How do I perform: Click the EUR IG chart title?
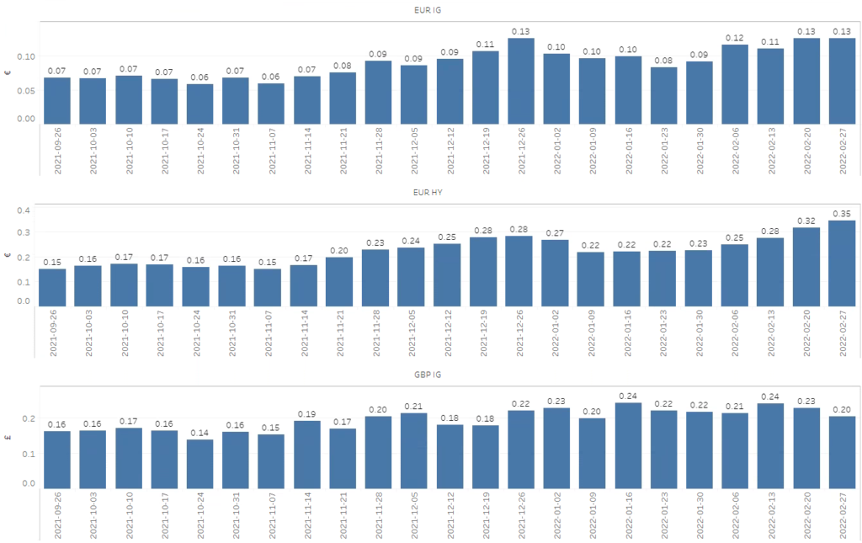(427, 10)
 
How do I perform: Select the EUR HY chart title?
(427, 192)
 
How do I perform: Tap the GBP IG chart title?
(427, 375)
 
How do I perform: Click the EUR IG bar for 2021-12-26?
(520, 81)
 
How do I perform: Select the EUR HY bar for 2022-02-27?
(842, 264)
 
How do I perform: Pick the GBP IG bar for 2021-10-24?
(200, 464)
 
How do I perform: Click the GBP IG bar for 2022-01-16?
(628, 445)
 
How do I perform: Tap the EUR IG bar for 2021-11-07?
(271, 104)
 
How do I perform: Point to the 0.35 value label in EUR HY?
(842, 213)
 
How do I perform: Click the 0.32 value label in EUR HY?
(806, 221)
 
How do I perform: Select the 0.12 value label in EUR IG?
(734, 38)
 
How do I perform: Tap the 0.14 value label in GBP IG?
(200, 433)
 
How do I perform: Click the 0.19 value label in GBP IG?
(306, 414)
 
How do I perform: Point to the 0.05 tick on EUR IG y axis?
(26, 91)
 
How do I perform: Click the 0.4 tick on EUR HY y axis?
(23, 210)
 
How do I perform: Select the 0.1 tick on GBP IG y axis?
(28, 454)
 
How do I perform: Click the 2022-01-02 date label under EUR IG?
(557, 151)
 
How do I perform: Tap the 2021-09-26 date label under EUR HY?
(53, 333)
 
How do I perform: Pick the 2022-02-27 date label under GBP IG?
(843, 515)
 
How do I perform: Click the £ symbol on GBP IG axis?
(8, 438)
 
